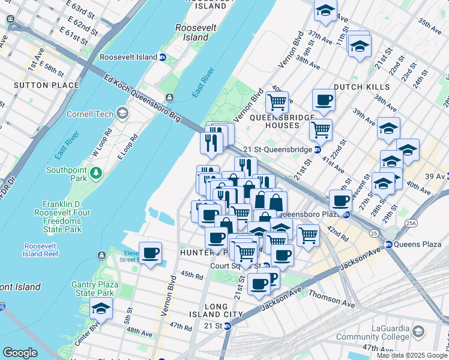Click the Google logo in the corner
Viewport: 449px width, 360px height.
[20, 353]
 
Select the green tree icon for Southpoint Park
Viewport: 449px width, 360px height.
[96, 174]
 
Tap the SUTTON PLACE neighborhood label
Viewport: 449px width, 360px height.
[46, 85]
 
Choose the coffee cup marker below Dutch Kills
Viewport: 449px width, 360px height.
[324, 100]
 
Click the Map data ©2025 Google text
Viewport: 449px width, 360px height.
[412, 355]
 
